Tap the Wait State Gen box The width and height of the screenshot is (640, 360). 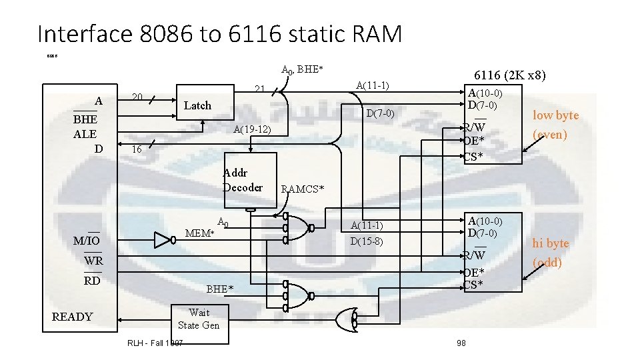(x=198, y=319)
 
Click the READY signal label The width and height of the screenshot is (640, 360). (x=72, y=317)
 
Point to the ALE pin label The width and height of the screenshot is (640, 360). (x=85, y=133)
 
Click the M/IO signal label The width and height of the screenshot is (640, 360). (x=87, y=240)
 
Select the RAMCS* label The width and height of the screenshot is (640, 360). (x=302, y=189)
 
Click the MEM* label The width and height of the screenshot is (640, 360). (x=199, y=233)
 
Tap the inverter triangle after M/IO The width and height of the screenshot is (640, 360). (x=163, y=241)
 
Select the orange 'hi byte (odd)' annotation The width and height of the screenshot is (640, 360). (x=550, y=253)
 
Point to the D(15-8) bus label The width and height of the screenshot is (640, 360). (x=367, y=241)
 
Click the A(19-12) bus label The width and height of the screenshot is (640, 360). (x=252, y=129)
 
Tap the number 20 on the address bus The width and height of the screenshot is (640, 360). (x=136, y=97)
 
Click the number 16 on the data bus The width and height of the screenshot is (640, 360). (x=137, y=149)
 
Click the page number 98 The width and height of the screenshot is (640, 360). (x=461, y=343)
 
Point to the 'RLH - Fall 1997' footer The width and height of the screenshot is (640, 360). (x=155, y=343)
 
